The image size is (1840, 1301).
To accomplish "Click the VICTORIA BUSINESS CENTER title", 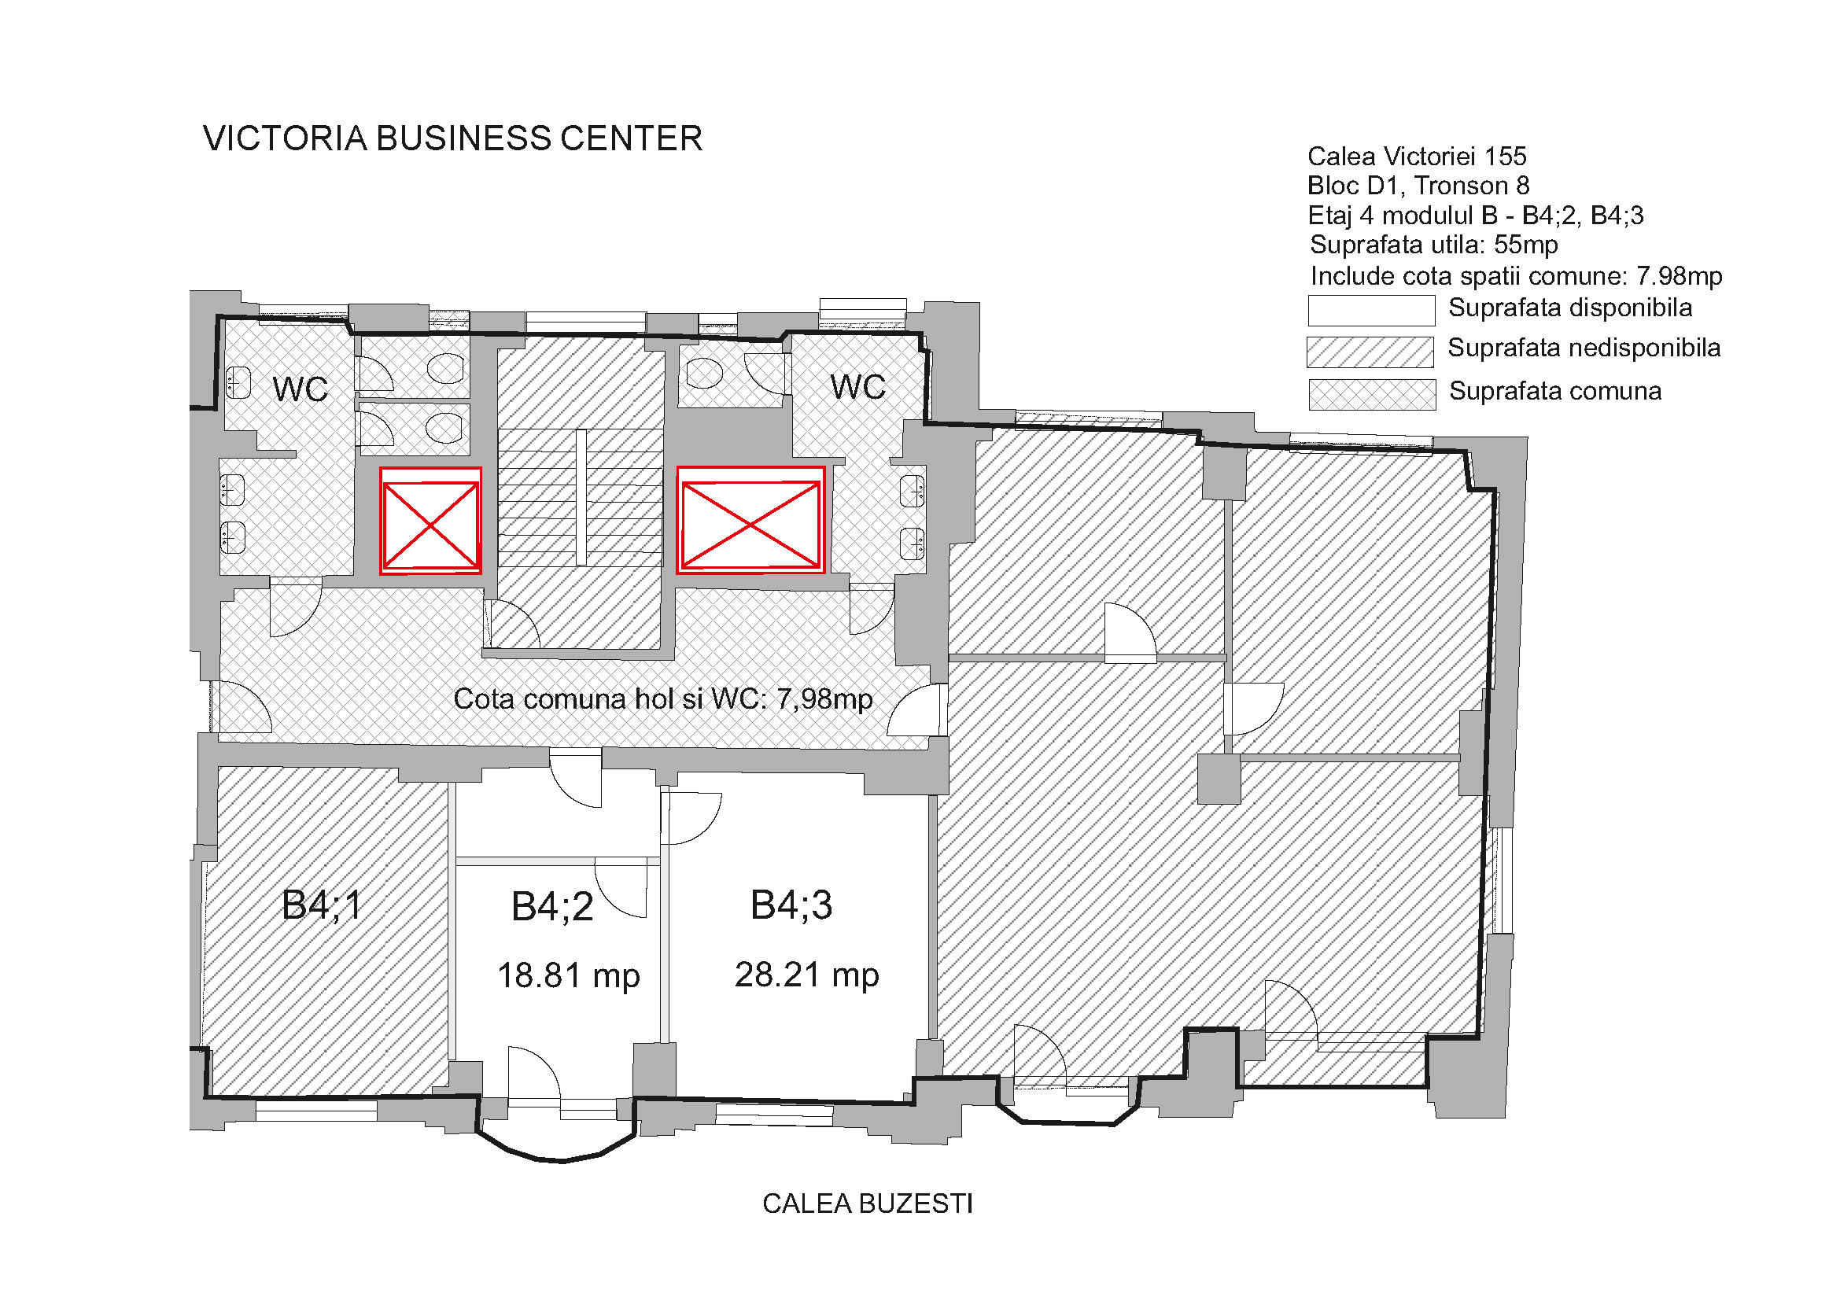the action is pyautogui.click(x=453, y=138).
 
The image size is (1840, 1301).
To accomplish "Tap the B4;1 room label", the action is pyautogui.click(x=323, y=906).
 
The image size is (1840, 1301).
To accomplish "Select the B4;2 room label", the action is pyautogui.click(x=552, y=908).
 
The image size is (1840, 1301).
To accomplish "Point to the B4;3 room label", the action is pyautogui.click(x=791, y=905).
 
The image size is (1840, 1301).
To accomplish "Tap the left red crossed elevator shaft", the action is pyautogui.click(x=430, y=521).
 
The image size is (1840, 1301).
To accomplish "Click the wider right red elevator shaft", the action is pyautogui.click(x=751, y=520).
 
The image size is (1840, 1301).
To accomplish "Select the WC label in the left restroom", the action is pyautogui.click(x=301, y=389).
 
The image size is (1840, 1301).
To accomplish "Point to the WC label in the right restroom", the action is pyautogui.click(x=857, y=387).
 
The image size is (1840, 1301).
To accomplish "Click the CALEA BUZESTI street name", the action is pyautogui.click(x=867, y=1204).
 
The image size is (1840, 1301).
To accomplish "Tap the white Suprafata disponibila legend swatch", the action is pyautogui.click(x=1371, y=311).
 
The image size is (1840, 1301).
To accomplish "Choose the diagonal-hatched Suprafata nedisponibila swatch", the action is pyautogui.click(x=1370, y=352).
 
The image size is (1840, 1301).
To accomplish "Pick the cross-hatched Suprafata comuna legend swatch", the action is pyautogui.click(x=1372, y=395).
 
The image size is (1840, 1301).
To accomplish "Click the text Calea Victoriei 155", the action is pyautogui.click(x=1417, y=157).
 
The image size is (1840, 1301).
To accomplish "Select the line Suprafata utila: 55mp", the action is pyautogui.click(x=1434, y=245).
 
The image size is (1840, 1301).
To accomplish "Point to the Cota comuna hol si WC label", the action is pyautogui.click(x=662, y=699).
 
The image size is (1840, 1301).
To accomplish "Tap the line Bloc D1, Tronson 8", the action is pyautogui.click(x=1418, y=186).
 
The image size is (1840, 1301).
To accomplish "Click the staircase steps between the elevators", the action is pyautogui.click(x=581, y=497).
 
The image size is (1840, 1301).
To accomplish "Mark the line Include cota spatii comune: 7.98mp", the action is pyautogui.click(x=1516, y=276).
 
